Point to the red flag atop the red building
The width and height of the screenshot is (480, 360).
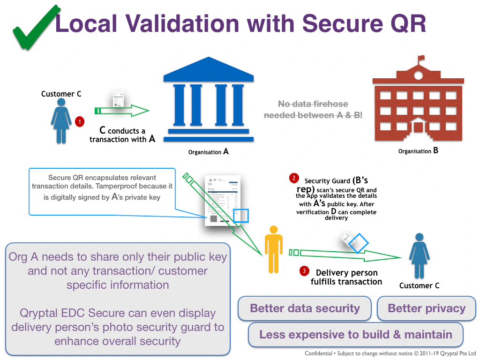421,58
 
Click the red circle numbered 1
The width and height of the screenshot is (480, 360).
80,122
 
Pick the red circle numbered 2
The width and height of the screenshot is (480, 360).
294,178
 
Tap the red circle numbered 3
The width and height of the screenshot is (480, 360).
304,271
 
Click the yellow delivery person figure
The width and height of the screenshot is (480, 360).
273,248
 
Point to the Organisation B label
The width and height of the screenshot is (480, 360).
418,151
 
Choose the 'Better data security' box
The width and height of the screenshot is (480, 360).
305,308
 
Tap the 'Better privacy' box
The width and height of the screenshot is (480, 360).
427,308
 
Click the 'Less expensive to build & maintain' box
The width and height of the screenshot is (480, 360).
355,335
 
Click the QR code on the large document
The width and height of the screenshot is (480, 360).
214,218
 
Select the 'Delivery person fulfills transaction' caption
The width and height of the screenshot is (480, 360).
346,277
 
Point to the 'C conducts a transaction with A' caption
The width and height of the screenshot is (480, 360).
122,135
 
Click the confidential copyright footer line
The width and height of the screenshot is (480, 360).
390,353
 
